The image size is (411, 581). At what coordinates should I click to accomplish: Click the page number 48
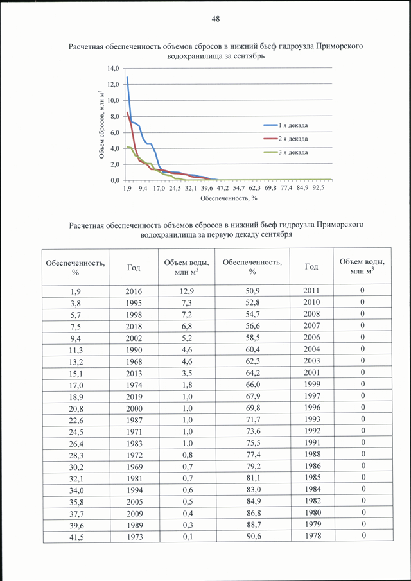coord(216,19)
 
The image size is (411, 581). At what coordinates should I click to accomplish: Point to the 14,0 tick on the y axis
coord(113,69)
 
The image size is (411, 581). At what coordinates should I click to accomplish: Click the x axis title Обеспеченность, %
coord(229,198)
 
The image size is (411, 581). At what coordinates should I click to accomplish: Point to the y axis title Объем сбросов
coord(101,124)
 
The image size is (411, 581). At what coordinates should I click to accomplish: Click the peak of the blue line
coord(127,77)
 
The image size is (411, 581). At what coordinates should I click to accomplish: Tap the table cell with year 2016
coord(134,291)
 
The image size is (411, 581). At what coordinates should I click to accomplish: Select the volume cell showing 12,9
coord(186,291)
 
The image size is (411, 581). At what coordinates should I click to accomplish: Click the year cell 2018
coord(134,326)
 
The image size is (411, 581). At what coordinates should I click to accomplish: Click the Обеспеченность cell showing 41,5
coord(76,537)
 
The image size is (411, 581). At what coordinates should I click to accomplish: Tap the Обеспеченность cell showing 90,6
coord(252,536)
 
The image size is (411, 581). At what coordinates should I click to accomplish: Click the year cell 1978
coord(311,536)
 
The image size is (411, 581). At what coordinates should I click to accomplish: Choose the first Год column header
coord(134,267)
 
